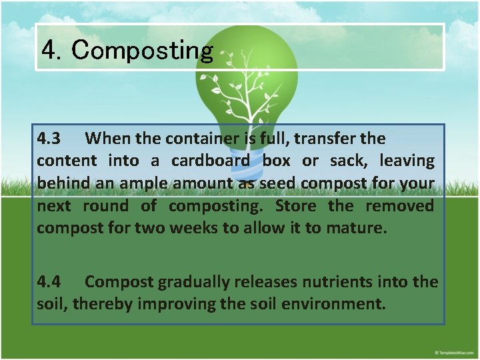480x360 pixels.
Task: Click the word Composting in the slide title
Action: tap(143, 50)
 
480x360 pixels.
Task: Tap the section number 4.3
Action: tap(49, 139)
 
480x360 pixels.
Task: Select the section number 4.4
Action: tap(49, 282)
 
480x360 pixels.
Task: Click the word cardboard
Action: tap(211, 161)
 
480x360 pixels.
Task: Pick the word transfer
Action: tap(325, 139)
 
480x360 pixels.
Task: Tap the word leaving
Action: tap(407, 161)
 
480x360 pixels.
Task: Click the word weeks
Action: tap(193, 229)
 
